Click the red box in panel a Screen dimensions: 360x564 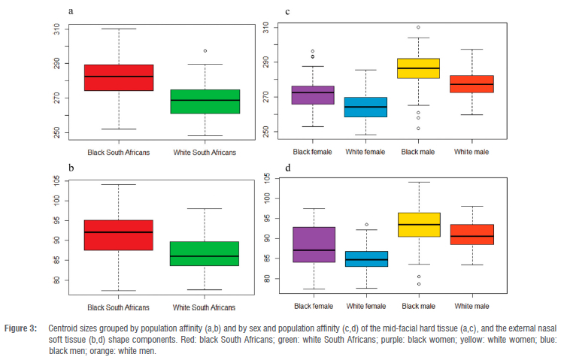point(118,77)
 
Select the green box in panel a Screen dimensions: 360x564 point(205,101)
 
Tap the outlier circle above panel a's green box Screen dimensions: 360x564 point(205,51)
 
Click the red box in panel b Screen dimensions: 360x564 point(118,235)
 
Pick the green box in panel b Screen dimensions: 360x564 point(205,253)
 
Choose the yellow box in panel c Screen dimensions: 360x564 point(419,68)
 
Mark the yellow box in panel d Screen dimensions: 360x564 point(419,225)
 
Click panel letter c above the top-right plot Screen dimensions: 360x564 point(289,11)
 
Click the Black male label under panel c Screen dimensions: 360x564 point(419,151)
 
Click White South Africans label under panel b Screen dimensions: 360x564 point(205,307)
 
